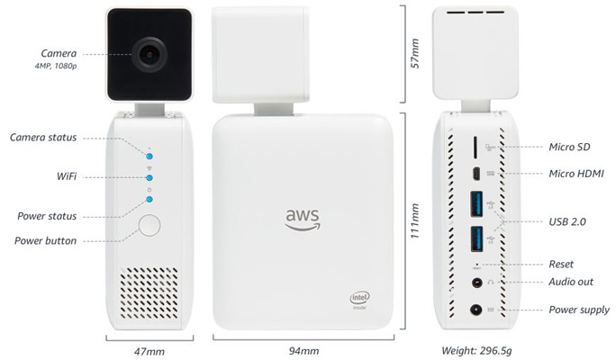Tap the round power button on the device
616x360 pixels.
(x=149, y=227)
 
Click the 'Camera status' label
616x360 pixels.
(x=43, y=137)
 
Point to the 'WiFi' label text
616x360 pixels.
(x=64, y=176)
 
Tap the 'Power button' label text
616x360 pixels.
(x=47, y=240)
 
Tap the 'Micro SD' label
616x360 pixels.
(x=568, y=146)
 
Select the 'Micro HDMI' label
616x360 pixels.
(x=575, y=172)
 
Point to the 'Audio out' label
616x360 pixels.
(x=571, y=282)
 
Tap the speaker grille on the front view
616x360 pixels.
(x=149, y=286)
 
